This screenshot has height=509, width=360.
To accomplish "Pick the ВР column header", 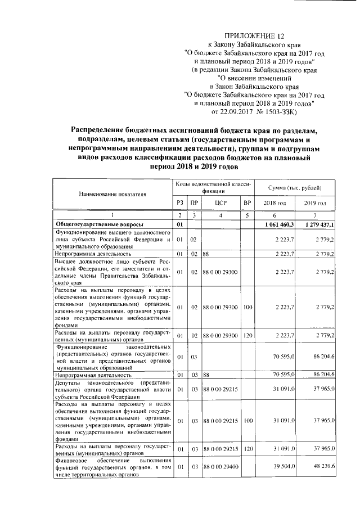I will pos(246,202).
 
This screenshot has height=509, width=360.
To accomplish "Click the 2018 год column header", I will pos(274,202).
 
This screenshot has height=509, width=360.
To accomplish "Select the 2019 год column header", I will pos(315,202).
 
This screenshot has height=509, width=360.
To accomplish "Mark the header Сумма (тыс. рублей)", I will pos(295,186).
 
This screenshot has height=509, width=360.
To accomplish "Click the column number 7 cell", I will pos(315,215).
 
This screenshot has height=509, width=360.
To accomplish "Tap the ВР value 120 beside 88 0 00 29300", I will pos(246,336).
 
